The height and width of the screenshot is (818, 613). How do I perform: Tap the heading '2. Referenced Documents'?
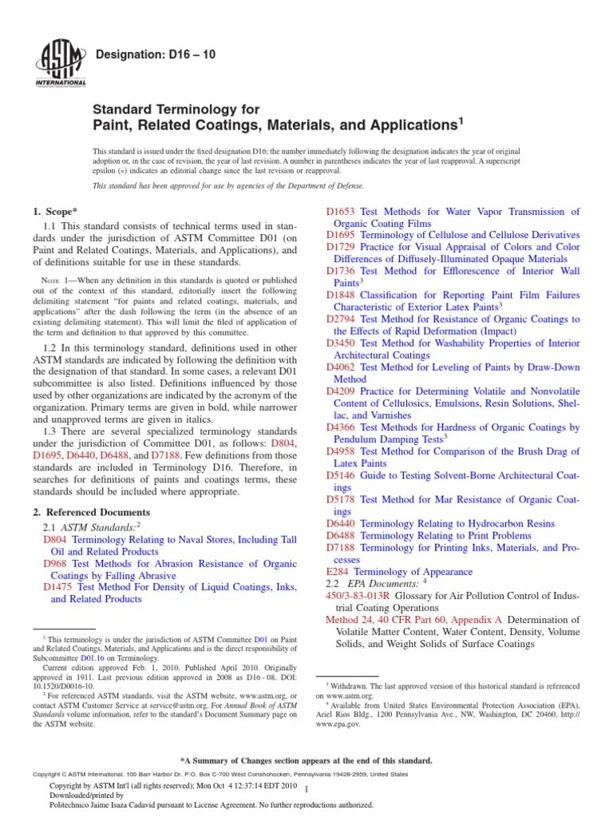90,512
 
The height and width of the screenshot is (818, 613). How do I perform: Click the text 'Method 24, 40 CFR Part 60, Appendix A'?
413,620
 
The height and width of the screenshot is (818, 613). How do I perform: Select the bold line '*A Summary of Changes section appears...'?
306,760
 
